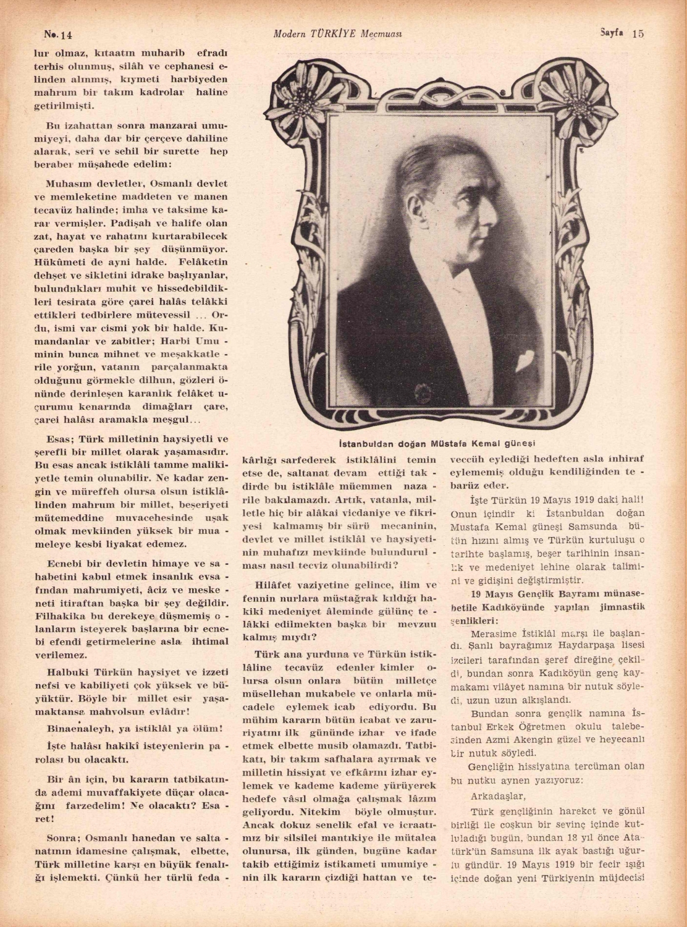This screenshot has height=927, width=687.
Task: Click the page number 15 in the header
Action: [x=638, y=34]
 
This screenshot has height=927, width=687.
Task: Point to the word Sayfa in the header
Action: [x=612, y=33]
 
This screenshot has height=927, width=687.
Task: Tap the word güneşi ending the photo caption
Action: [x=520, y=443]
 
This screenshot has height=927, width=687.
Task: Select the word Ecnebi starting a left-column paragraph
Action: [x=63, y=564]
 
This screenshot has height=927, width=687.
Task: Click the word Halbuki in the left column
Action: [x=68, y=672]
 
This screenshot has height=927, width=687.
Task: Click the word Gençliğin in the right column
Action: [x=492, y=767]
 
